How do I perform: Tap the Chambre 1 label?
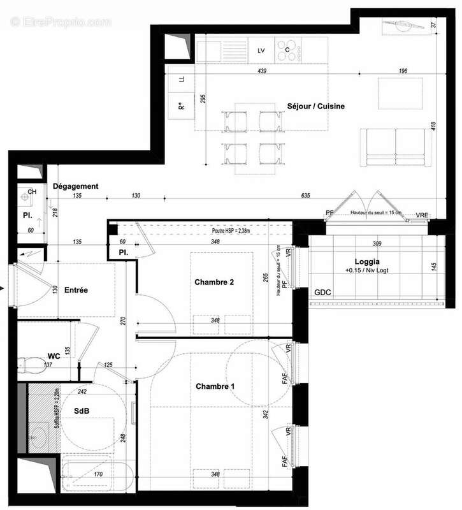pos(215,386)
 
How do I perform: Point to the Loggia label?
pos(367,261)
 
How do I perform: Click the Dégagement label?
pos(75,186)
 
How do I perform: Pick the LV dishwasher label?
pos(261,50)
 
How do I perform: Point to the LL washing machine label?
pos(182,80)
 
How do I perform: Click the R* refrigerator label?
pos(181,106)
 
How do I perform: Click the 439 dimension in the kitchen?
pos(261,71)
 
